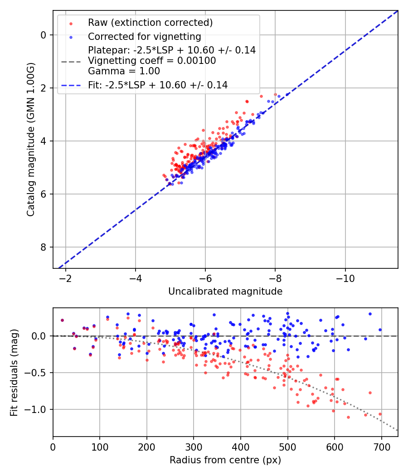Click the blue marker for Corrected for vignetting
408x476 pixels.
click(x=71, y=37)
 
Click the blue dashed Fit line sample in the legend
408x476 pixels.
click(x=71, y=85)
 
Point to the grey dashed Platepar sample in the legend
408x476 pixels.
click(x=71, y=61)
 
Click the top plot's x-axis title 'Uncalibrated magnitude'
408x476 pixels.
click(x=225, y=291)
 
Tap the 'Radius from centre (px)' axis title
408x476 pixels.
click(x=225, y=460)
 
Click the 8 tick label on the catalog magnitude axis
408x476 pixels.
click(x=44, y=247)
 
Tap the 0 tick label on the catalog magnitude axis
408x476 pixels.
click(x=44, y=35)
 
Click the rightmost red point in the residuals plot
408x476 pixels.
click(x=380, y=414)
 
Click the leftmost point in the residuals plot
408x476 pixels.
click(x=62, y=320)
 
